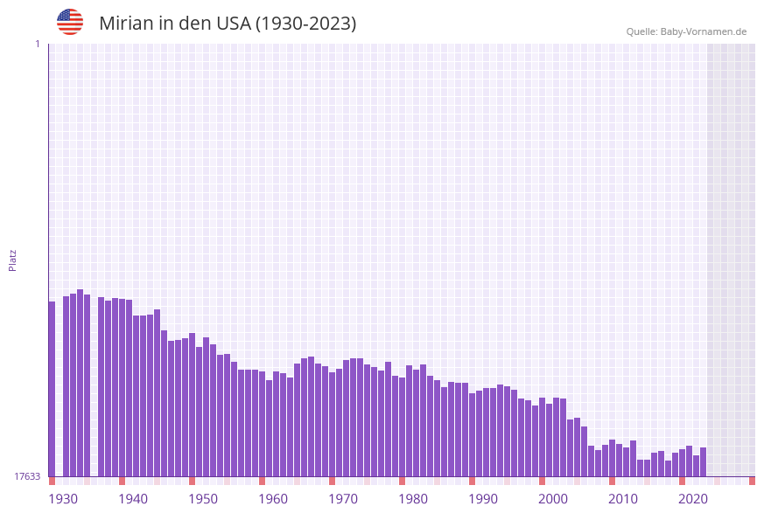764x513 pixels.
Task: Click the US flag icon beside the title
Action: pos(70,22)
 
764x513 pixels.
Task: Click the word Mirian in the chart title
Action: pos(126,24)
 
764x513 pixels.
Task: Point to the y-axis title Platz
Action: pos(13,260)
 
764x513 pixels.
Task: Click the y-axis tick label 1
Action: pos(37,44)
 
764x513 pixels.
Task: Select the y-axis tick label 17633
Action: pos(27,476)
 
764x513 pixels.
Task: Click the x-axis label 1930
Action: pos(63,498)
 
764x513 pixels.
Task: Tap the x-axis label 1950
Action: pos(203,498)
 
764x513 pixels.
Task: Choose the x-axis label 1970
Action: pos(343,498)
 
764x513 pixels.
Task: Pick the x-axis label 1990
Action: pos(483,498)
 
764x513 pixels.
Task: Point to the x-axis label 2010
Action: pos(623,498)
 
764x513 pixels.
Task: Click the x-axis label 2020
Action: pos(693,498)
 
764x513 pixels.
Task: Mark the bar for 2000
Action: pos(542,437)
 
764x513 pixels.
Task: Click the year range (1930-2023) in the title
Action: pos(305,24)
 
